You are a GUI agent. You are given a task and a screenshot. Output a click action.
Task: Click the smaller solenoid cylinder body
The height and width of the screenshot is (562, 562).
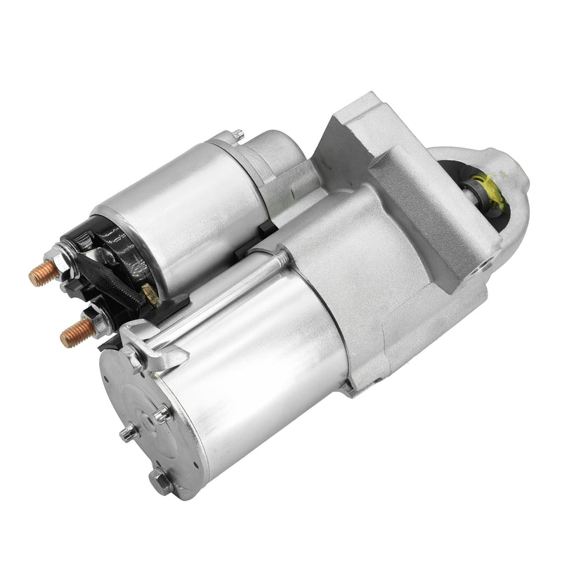click(183, 211)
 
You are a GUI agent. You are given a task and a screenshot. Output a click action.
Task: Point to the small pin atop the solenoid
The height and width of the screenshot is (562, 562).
click(238, 133)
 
